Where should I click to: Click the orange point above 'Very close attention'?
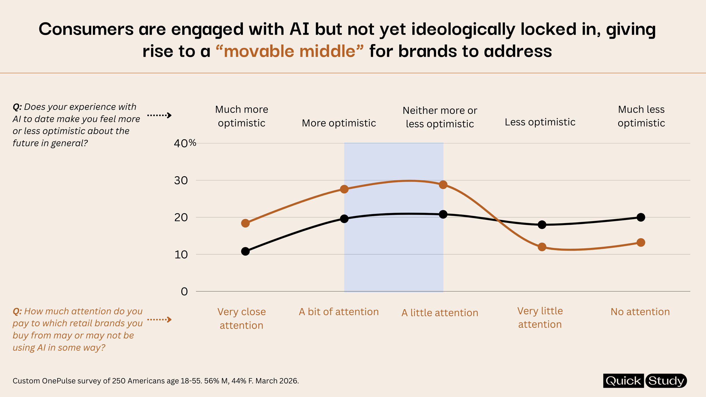tap(245, 223)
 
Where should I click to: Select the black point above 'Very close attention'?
tap(245, 251)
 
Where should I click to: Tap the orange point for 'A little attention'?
tap(443, 185)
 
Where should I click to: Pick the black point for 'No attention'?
tap(641, 217)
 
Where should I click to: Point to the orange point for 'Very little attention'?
tap(542, 247)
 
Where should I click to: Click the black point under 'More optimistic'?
tap(344, 219)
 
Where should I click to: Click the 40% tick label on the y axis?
tap(185, 143)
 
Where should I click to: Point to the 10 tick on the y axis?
tap(181, 255)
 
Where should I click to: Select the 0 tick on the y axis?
tap(184, 291)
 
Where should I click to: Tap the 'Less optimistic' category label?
tap(540, 122)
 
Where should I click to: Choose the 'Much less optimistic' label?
tap(641, 116)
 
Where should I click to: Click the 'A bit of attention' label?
tap(339, 312)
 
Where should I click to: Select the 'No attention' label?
tap(640, 312)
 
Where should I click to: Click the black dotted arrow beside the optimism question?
tap(159, 115)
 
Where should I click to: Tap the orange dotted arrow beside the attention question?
tap(159, 320)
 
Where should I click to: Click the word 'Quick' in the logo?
tap(623, 381)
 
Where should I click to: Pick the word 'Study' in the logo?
tap(666, 381)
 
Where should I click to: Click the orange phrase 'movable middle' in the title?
tap(289, 51)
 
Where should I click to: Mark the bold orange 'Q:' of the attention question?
tap(17, 311)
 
